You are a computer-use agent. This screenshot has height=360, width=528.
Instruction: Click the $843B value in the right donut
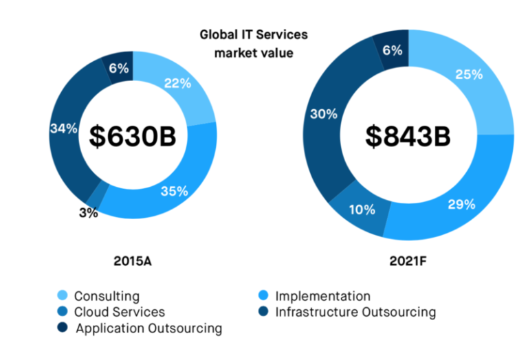point(408,135)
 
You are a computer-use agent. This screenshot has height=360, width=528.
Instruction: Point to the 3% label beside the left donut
point(87,213)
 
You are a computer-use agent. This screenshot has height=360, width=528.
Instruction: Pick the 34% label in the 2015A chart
point(63,128)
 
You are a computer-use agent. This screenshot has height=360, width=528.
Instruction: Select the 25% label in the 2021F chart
point(468,74)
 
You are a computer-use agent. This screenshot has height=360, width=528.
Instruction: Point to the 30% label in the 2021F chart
point(324,114)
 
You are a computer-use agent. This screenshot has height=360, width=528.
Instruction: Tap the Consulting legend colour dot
point(63,297)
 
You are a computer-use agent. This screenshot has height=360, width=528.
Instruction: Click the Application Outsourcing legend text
point(148,328)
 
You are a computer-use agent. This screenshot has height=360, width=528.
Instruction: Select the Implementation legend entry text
point(322,297)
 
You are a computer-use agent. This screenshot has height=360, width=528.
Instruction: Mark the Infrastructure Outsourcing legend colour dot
point(263,313)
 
